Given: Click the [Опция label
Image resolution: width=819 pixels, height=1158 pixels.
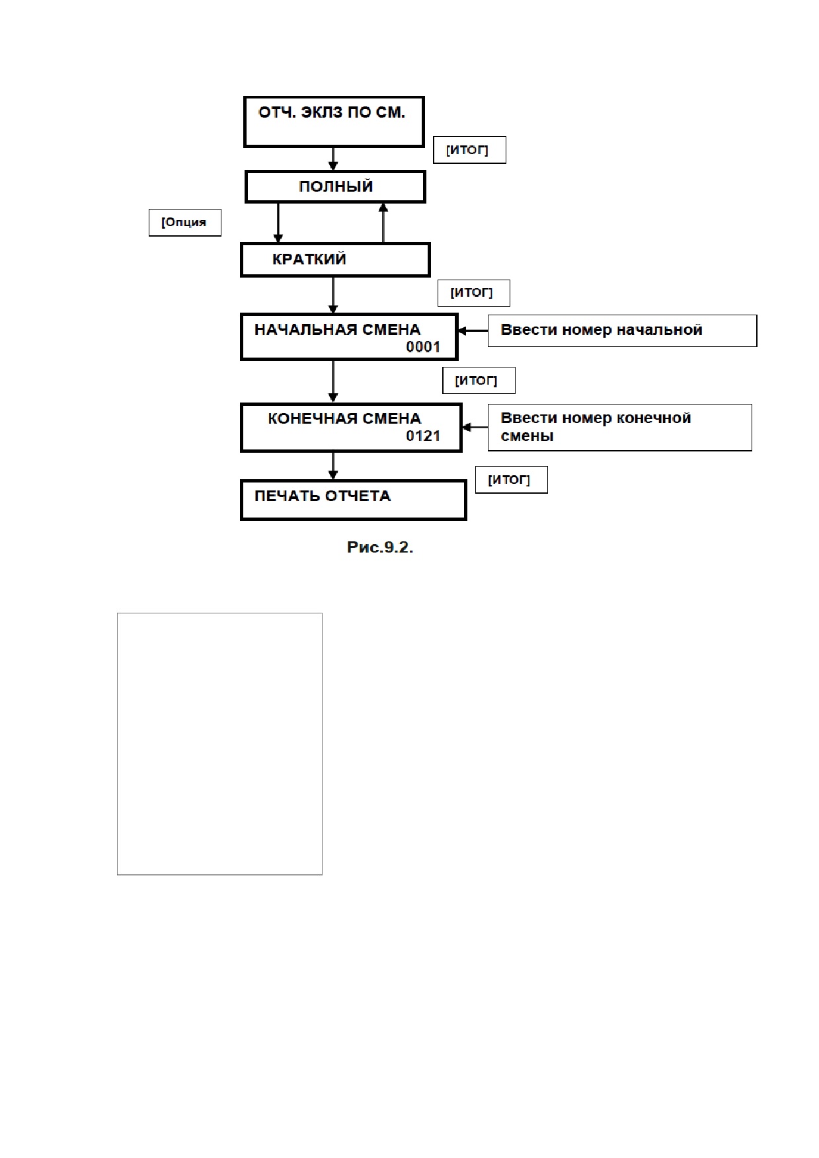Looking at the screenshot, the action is [x=184, y=222].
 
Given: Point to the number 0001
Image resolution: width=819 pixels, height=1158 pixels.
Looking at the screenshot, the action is [x=423, y=347].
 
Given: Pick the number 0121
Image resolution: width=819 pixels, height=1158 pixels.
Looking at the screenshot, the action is [x=423, y=436].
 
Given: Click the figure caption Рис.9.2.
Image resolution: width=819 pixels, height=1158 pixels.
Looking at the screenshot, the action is [x=380, y=547].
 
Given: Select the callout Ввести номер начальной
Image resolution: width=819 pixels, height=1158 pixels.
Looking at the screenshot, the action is [x=622, y=330].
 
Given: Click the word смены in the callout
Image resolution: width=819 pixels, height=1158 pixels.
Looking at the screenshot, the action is [x=527, y=436].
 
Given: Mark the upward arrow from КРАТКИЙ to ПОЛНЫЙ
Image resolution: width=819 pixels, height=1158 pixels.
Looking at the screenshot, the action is [x=383, y=223].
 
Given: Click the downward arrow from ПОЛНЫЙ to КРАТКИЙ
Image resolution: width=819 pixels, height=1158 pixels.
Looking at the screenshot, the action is [x=278, y=223].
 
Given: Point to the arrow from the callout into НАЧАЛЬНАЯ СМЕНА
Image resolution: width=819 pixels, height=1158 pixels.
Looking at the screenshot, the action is [x=473, y=330].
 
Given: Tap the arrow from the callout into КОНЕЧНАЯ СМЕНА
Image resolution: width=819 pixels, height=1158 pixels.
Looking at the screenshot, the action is [x=475, y=428].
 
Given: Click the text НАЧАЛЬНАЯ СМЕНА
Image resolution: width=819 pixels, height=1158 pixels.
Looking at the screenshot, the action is [x=337, y=330].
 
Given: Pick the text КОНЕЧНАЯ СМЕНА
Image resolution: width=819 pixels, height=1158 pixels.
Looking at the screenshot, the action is [x=344, y=419].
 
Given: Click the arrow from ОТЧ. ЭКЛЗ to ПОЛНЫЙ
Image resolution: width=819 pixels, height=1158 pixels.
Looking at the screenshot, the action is [x=333, y=159].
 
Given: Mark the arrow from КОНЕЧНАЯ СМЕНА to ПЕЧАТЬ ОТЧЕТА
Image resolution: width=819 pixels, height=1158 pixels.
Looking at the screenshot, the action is [x=333, y=466].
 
